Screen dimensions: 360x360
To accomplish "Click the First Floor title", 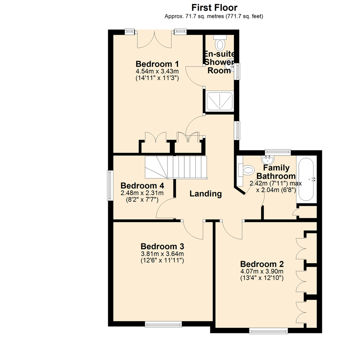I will click(x=214, y=7).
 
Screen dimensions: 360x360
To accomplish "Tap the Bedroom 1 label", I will click(x=157, y=64).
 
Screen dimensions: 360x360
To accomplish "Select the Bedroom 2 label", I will click(x=262, y=264).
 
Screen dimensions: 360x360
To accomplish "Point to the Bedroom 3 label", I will click(x=162, y=247).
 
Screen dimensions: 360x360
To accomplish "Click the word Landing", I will click(x=206, y=194).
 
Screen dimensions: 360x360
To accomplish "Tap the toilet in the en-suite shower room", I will click(x=220, y=42).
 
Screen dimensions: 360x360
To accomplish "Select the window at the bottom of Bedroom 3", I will click(x=163, y=324).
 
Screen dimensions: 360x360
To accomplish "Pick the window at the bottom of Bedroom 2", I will click(x=268, y=331).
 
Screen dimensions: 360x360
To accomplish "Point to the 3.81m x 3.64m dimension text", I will click(x=162, y=254).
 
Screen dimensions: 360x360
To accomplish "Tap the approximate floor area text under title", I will click(x=214, y=16).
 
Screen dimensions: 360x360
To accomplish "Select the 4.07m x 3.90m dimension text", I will click(x=262, y=271).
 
